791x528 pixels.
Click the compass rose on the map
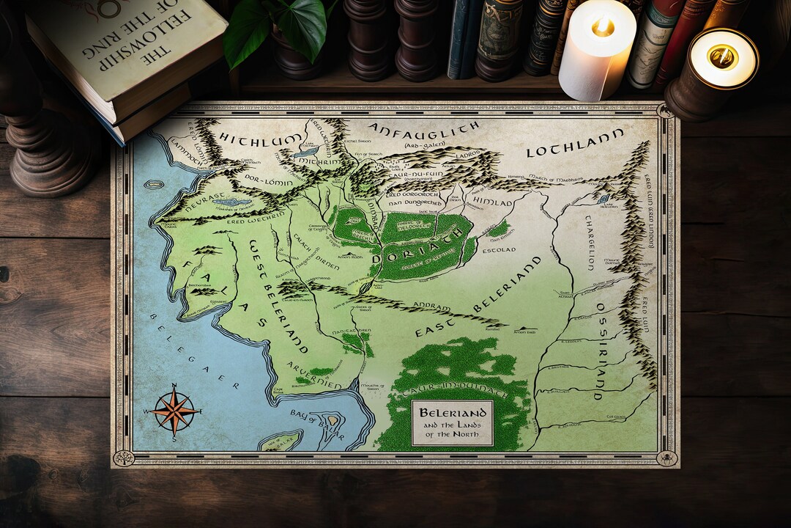(174, 411)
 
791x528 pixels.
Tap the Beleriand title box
(452, 423)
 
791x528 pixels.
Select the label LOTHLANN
(575, 143)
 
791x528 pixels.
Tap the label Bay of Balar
(317, 417)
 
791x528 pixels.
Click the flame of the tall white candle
(602, 27)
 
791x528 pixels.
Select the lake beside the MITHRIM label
(306, 153)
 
